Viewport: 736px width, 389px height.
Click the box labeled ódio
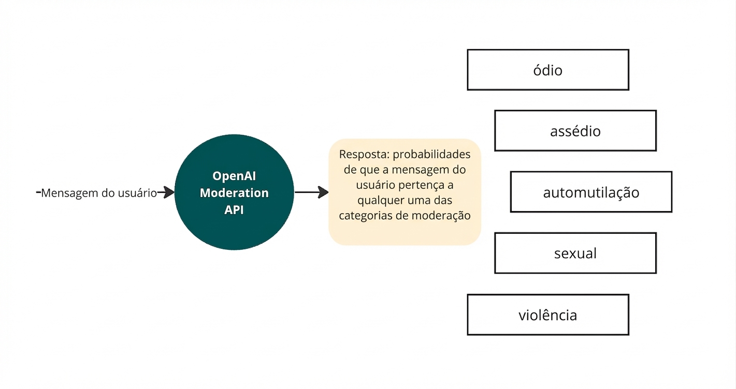(x=547, y=70)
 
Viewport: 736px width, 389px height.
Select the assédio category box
(x=575, y=131)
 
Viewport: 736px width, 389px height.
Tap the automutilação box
(x=590, y=192)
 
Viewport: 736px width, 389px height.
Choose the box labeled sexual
(x=575, y=253)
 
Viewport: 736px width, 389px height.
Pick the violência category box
(x=547, y=315)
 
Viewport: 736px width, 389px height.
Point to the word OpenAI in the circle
(x=234, y=176)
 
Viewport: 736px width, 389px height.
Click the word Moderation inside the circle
(x=234, y=193)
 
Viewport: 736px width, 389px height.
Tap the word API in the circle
(x=234, y=210)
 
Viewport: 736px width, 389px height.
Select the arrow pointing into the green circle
(x=166, y=193)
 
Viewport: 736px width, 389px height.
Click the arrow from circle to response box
(x=312, y=192)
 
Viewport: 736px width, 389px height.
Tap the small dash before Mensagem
(x=38, y=192)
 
